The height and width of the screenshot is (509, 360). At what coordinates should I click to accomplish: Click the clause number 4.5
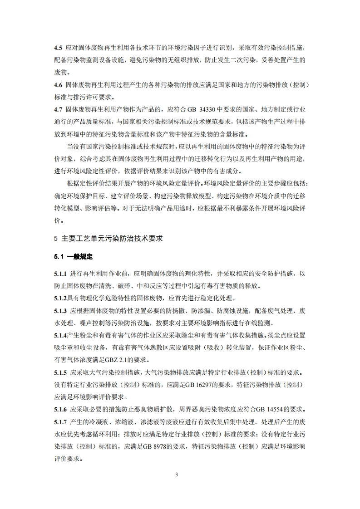[x=58, y=47]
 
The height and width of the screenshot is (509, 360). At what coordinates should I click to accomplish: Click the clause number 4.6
[x=58, y=85]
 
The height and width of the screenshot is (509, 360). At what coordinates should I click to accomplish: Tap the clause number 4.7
[x=58, y=110]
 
